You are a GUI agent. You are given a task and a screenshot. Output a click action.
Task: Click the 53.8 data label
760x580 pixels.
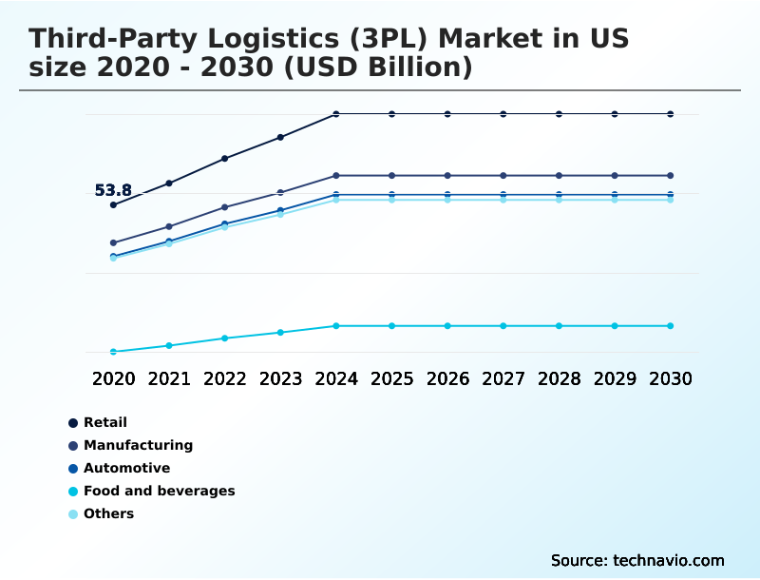click(x=113, y=190)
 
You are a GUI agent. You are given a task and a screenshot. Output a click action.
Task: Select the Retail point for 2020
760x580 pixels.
click(x=113, y=204)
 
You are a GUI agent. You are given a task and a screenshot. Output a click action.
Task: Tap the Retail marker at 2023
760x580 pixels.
click(x=280, y=137)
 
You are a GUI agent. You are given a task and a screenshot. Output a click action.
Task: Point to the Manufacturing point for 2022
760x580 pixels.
click(x=225, y=206)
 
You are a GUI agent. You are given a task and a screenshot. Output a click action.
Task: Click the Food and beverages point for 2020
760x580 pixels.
click(x=113, y=352)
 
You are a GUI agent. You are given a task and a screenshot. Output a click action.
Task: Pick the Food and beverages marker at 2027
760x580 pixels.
click(x=503, y=326)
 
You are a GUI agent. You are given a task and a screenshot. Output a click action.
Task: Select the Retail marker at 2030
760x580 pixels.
click(x=671, y=114)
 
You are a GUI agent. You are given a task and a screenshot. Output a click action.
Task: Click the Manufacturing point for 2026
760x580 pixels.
click(x=447, y=176)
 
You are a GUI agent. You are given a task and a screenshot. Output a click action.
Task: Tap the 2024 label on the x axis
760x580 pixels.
click(x=336, y=378)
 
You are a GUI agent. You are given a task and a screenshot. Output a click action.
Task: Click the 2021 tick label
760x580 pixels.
click(x=169, y=378)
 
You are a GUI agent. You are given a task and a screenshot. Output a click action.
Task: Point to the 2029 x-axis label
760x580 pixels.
click(x=615, y=378)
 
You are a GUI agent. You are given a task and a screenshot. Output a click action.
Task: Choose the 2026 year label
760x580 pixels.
click(x=447, y=378)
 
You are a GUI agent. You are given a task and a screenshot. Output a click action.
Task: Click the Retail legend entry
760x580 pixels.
click(x=104, y=422)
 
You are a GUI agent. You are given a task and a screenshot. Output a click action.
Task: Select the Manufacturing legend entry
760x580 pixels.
click(x=138, y=445)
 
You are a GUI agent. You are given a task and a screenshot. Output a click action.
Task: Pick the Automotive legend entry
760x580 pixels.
click(x=126, y=468)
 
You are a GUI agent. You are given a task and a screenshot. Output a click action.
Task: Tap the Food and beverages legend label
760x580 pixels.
click(x=159, y=491)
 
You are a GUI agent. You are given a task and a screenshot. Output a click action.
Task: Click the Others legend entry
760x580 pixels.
click(x=108, y=513)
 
